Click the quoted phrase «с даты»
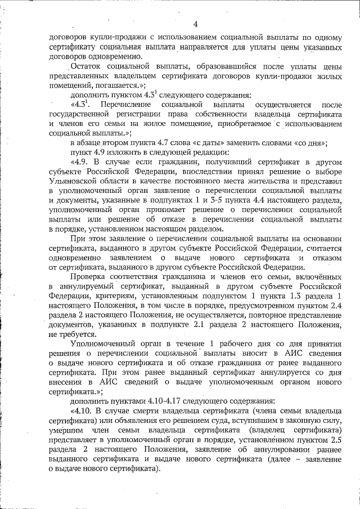[210, 143]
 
